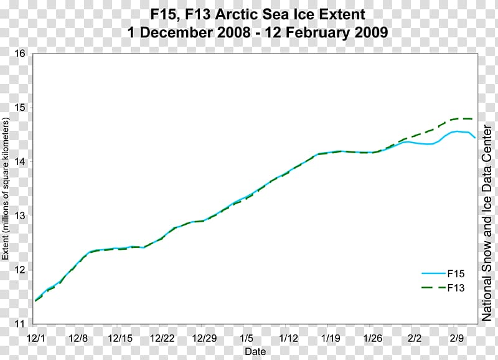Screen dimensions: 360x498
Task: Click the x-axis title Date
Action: [255, 351]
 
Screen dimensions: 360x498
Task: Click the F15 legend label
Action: [456, 273]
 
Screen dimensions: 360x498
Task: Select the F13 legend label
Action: [456, 288]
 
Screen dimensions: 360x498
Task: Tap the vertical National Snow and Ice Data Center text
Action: [488, 222]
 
